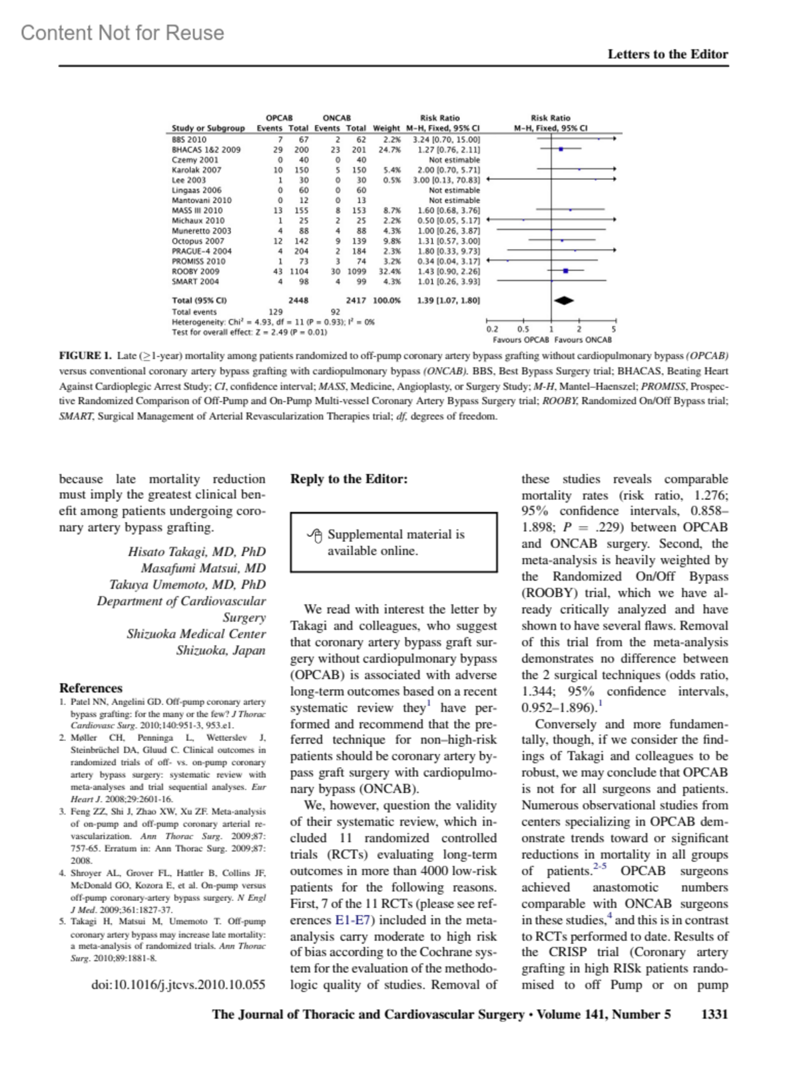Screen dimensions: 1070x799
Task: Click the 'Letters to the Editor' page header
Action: [x=667, y=55]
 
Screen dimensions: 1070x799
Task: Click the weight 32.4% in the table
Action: [x=390, y=272]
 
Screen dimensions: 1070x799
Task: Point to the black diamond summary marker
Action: [x=564, y=300]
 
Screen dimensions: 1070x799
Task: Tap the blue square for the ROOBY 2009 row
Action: [x=565, y=271]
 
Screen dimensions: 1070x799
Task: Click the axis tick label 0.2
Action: [x=492, y=330]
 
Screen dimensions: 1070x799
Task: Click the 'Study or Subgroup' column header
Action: [x=208, y=128]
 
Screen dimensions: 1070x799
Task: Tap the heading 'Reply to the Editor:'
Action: [x=349, y=479]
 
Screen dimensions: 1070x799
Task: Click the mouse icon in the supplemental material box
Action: [x=315, y=535]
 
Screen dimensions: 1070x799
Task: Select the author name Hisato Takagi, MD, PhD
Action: [x=196, y=551]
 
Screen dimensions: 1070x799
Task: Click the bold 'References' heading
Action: [x=91, y=688]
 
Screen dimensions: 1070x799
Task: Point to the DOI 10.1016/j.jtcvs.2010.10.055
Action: [x=178, y=984]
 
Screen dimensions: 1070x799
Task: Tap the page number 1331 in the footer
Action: [x=714, y=1014]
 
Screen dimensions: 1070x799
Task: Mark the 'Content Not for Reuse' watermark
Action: [x=123, y=33]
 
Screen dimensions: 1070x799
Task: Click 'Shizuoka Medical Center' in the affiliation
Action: [x=196, y=634]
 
